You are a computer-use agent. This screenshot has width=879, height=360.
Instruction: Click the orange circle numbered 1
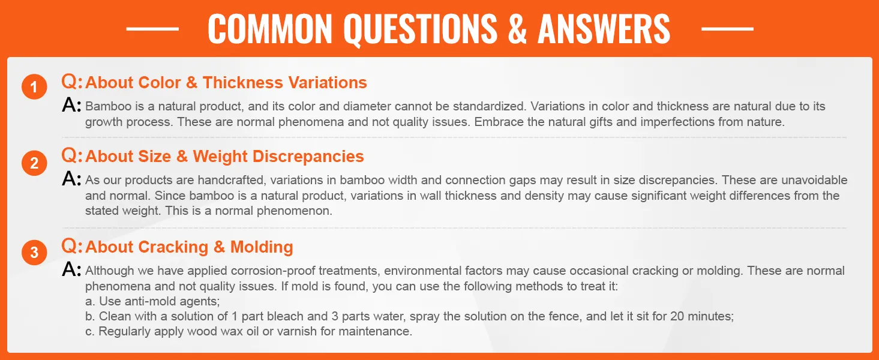pos(34,86)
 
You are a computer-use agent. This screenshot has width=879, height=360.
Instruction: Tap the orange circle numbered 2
pos(34,163)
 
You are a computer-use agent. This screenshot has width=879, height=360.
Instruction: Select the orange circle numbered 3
pos(34,252)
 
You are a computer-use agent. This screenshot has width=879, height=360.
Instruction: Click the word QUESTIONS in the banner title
pos(421,29)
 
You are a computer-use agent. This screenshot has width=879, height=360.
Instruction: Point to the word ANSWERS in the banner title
pos(604,29)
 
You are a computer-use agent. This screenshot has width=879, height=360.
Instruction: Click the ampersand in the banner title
pos(517,29)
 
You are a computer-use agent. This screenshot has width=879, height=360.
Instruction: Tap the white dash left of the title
pos(152,29)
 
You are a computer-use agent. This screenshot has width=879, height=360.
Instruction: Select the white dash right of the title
pos(727,29)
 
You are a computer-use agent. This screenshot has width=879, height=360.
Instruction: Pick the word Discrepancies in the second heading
pos(308,157)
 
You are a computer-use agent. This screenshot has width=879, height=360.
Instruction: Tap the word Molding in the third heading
pos(262,247)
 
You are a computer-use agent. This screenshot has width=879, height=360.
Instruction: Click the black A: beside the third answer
pos(71,269)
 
